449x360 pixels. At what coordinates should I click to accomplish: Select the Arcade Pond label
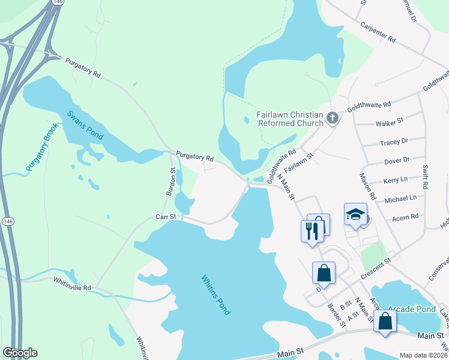point(412,309)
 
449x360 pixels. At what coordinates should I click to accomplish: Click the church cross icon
point(333,119)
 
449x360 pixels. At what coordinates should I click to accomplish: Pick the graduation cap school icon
point(355,213)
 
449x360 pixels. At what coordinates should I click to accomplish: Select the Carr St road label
point(166,217)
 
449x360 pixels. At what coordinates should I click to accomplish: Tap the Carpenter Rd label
point(378,34)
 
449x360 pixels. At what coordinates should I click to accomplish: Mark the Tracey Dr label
point(394,142)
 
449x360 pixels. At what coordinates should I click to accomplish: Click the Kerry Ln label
point(395,179)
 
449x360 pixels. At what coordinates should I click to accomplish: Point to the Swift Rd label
point(426,178)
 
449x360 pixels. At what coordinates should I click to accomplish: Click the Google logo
point(20,353)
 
